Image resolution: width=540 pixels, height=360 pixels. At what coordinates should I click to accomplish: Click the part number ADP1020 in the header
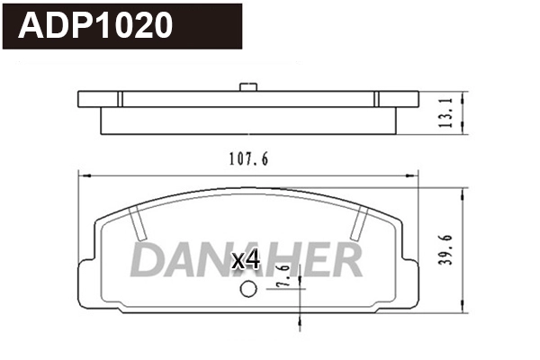click(x=96, y=26)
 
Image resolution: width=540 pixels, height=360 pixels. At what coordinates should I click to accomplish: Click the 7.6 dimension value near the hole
click(x=284, y=274)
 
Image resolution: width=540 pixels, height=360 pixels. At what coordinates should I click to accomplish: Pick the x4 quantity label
click(x=246, y=261)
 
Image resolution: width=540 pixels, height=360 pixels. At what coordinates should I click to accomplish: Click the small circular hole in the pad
click(x=248, y=290)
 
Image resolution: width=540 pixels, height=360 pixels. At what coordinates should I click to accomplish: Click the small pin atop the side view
click(x=248, y=87)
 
